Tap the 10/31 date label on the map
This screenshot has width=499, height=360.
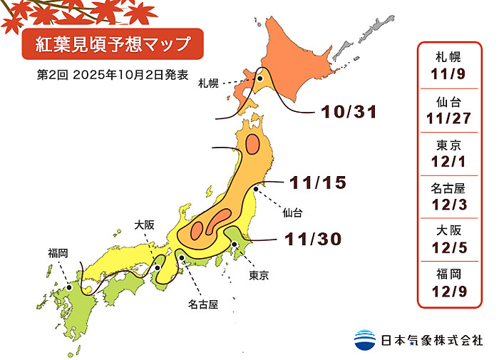[349, 112]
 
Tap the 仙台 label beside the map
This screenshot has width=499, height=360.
[292, 212]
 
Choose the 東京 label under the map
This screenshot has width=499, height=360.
[259, 275]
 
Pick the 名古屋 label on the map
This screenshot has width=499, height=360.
[202, 304]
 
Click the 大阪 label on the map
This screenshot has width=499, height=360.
[144, 225]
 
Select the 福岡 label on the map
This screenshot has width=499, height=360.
[58, 252]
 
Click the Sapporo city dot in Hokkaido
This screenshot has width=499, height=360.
[261, 80]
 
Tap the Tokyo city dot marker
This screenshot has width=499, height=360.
[235, 245]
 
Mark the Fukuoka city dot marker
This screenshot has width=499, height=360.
[69, 287]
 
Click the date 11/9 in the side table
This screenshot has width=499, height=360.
[452, 72]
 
